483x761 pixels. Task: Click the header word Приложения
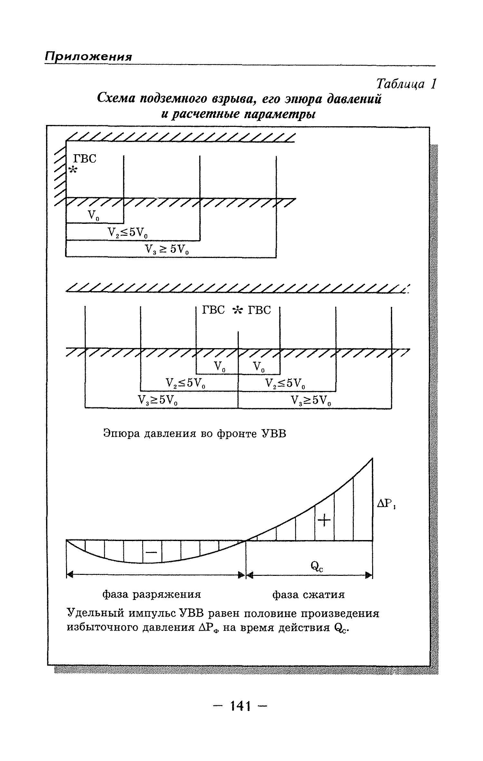tap(88, 57)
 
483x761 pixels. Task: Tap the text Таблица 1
tap(406, 84)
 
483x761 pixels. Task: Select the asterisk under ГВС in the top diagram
tap(73, 170)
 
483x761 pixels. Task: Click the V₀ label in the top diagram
tap(93, 215)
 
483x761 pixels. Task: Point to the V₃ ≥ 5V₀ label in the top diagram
tap(166, 249)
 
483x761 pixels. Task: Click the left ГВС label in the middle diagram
tap(213, 310)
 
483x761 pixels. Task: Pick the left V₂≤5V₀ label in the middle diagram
tap(185, 383)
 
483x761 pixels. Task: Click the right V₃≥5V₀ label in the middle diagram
tap(311, 400)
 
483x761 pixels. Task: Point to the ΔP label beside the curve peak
tap(386, 504)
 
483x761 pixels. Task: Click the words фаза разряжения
tap(151, 594)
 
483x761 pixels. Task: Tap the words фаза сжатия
tap(308, 594)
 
